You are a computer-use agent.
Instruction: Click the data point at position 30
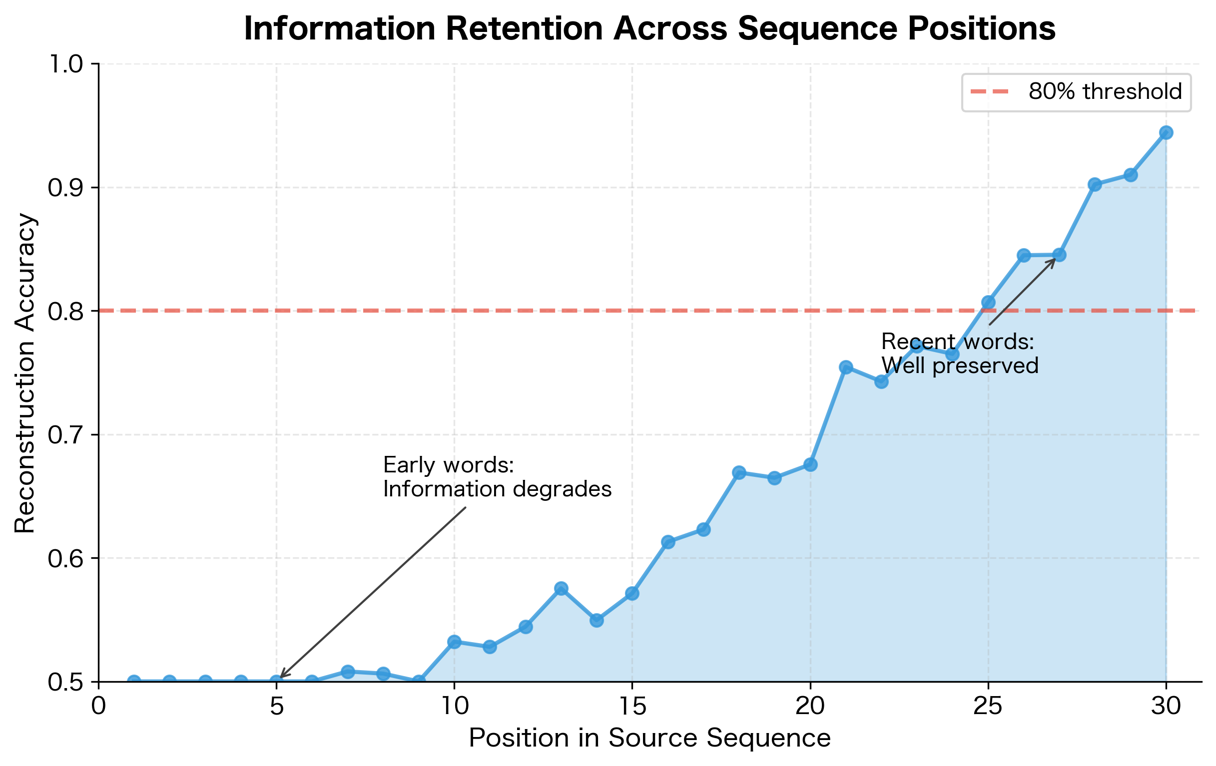point(1166,133)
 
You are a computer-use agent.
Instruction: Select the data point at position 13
point(561,588)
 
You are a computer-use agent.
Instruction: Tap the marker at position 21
point(846,367)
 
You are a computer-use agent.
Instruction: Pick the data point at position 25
point(988,302)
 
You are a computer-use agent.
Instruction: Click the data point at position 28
point(1095,184)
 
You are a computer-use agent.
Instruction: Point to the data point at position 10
point(455,642)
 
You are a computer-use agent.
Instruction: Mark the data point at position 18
point(739,472)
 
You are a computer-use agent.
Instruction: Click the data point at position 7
point(347,672)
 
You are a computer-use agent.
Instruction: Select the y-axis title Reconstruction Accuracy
point(25,374)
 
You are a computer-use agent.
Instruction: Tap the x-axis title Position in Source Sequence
point(649,738)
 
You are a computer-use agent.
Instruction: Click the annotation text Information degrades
point(498,489)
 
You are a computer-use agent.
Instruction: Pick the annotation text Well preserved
point(960,366)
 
